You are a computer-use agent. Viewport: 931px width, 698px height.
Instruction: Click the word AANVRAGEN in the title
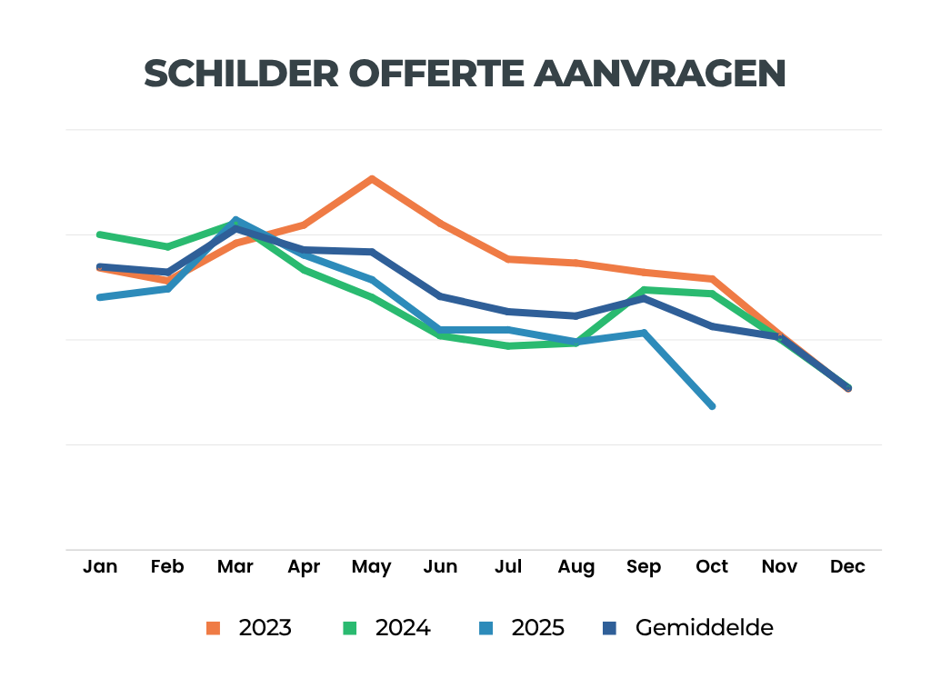click(x=660, y=74)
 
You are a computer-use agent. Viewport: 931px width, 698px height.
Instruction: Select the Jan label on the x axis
click(x=100, y=567)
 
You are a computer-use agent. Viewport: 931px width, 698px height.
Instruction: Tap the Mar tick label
click(x=235, y=567)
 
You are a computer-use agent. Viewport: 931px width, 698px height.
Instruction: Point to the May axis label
click(x=371, y=567)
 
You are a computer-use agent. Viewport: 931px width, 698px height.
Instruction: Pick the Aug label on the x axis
click(x=576, y=567)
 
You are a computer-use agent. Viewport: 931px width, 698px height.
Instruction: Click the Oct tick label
click(x=712, y=567)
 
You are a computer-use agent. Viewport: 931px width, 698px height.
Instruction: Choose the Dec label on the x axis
click(x=847, y=567)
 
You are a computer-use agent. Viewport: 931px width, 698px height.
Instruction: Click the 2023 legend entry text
click(x=265, y=628)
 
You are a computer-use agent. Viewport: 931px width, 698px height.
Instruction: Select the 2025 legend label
click(x=537, y=628)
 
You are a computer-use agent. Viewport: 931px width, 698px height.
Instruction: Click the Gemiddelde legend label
click(x=705, y=628)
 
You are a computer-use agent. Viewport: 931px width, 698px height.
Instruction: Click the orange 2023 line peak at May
click(x=371, y=179)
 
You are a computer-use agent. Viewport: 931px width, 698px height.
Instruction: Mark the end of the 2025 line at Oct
click(x=712, y=405)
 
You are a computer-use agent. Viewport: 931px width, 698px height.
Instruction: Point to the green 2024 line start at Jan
click(x=100, y=234)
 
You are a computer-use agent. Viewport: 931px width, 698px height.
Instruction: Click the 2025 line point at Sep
click(x=644, y=333)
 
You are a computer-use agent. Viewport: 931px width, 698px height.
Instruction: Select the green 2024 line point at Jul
click(x=507, y=346)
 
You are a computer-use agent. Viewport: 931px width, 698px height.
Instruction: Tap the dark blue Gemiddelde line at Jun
click(x=440, y=296)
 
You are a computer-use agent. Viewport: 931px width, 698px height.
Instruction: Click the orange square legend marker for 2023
click(x=214, y=628)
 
